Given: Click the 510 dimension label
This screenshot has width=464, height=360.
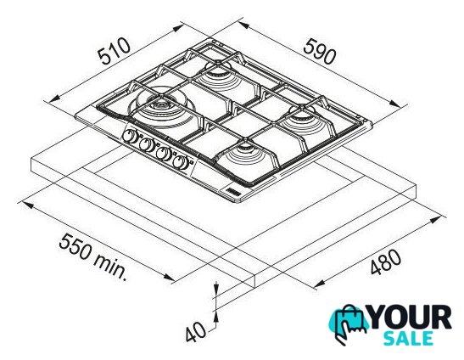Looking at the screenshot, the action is [115, 51].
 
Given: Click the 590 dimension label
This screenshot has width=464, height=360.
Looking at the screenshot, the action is [320, 52].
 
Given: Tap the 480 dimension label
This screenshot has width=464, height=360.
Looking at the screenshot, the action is [386, 262].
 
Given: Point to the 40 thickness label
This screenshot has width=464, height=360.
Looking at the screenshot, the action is [196, 332].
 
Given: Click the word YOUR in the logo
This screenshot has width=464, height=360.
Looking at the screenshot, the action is [411, 318].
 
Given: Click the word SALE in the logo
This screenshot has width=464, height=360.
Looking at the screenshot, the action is [408, 339].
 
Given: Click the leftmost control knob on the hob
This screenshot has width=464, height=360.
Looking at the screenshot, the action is [130, 136].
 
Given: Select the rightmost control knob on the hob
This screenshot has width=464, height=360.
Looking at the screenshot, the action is [181, 162].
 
